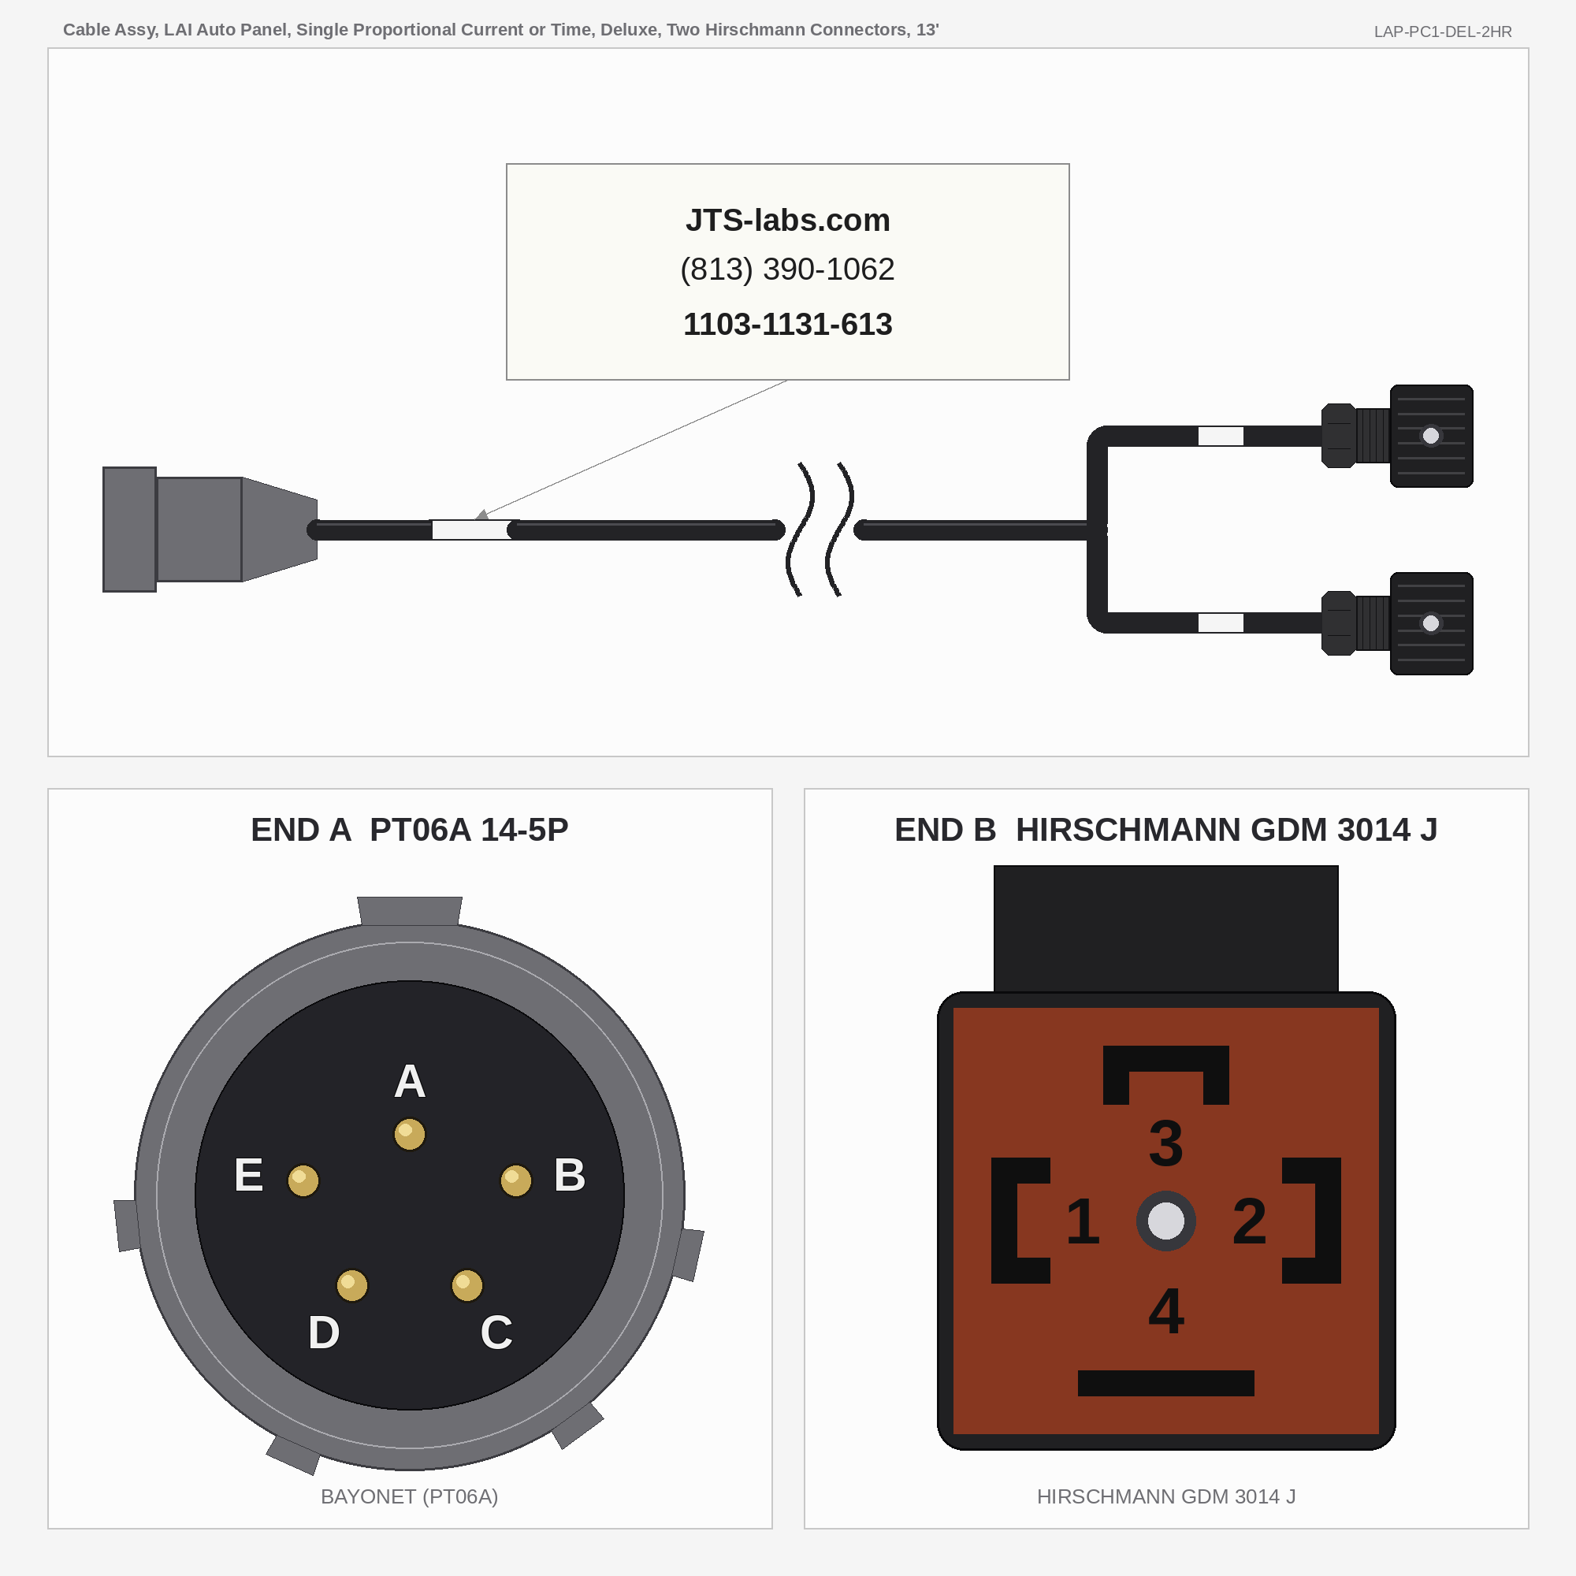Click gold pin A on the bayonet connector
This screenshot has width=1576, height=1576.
click(x=410, y=1134)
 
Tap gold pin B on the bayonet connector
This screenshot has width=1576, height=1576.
click(x=515, y=1180)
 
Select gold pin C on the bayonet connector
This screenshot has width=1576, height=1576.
click(x=466, y=1285)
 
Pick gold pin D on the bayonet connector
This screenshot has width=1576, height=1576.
click(x=351, y=1285)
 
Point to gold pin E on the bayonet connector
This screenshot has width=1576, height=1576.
click(x=303, y=1180)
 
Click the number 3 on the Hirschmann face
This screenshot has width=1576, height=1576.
click(x=1165, y=1143)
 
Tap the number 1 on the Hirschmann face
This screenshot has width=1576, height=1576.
click(x=1083, y=1221)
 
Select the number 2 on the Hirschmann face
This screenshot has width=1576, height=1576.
click(x=1249, y=1221)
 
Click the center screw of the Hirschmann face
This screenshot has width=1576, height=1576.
click(x=1165, y=1221)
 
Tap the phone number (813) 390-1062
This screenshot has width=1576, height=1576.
click(x=787, y=269)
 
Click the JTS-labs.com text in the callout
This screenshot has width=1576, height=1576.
click(x=787, y=221)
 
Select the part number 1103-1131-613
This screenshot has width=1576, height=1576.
click(x=787, y=325)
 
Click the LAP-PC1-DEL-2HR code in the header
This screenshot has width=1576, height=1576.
click(x=1442, y=32)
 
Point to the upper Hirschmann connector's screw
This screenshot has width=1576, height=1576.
click(x=1431, y=436)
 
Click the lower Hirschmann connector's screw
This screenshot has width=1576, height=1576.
click(x=1431, y=623)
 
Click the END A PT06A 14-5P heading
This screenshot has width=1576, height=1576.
click(x=410, y=830)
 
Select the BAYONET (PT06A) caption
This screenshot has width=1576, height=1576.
click(x=410, y=1496)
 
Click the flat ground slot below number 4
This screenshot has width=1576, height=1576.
click(x=1165, y=1384)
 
